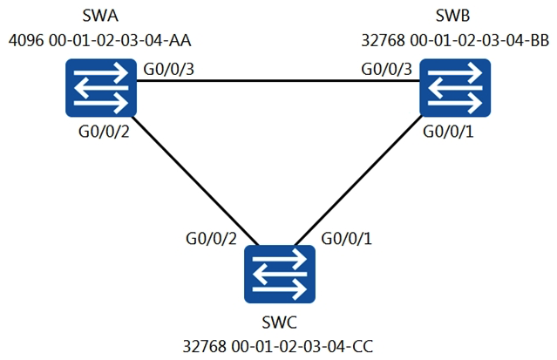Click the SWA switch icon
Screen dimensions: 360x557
(x=101, y=88)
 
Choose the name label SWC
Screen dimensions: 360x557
(x=280, y=323)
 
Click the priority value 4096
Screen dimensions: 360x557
(x=24, y=40)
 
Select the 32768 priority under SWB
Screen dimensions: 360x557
(x=382, y=40)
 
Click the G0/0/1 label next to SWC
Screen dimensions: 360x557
(x=348, y=238)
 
